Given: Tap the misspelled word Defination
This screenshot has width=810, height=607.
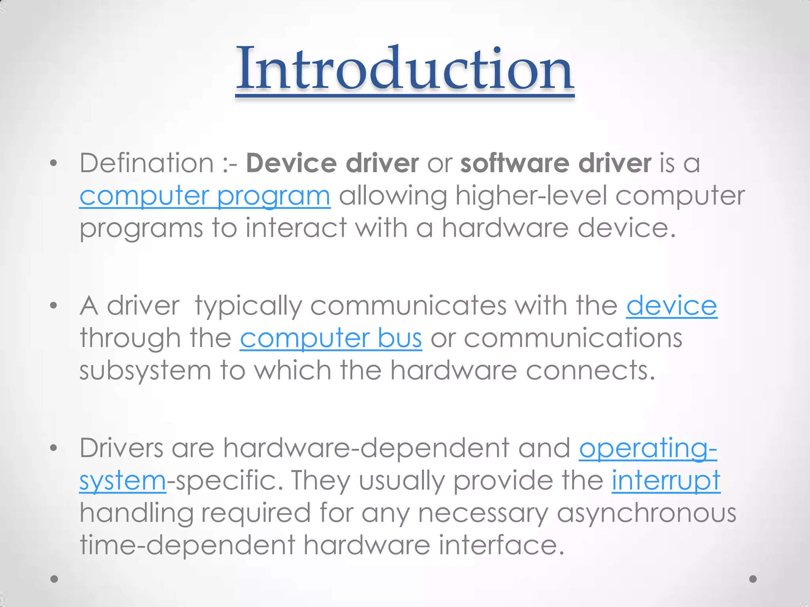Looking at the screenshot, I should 147,163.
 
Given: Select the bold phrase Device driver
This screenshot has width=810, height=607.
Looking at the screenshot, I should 332,163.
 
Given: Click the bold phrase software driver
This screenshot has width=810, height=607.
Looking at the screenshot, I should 556,163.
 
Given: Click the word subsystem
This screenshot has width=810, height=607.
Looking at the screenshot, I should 145,371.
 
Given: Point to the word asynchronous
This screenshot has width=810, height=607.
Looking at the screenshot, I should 647,513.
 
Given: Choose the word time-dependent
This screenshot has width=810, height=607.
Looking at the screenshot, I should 187,545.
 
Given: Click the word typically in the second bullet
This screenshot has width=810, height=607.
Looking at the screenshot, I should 248,306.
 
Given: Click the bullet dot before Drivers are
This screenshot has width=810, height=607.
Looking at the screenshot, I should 54,448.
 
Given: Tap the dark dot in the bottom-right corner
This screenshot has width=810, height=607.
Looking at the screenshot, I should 753,579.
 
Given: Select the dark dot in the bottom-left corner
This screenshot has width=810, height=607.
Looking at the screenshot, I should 55,579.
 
